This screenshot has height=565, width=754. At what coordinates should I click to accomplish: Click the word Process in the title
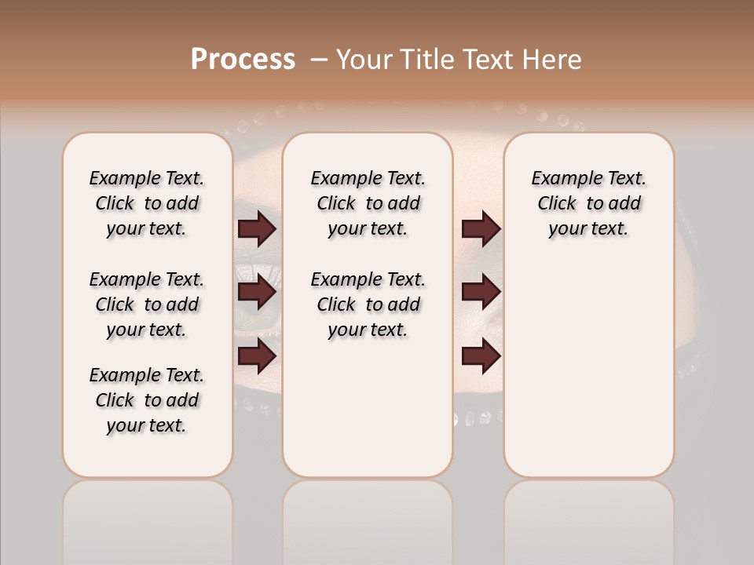[x=243, y=60]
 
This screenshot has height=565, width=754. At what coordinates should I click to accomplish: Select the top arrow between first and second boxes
[x=257, y=229]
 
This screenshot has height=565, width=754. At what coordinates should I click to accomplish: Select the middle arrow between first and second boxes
[x=257, y=293]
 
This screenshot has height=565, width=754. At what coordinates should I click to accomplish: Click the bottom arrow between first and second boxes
[x=257, y=356]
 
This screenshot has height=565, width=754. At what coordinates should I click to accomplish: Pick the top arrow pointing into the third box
[x=481, y=229]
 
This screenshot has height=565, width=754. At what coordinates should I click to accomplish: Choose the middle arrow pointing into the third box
[x=481, y=293]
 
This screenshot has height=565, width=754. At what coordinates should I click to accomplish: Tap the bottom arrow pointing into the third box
[x=481, y=356]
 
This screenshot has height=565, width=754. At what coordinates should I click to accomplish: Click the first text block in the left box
[x=146, y=203]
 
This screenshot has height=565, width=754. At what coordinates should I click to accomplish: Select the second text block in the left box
[x=146, y=304]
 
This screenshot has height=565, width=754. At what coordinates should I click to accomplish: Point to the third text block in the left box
[x=146, y=400]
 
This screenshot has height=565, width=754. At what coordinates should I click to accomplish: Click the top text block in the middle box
[x=368, y=203]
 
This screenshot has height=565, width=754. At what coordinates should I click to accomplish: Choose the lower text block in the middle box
[x=368, y=304]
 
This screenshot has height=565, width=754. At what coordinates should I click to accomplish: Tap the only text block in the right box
[x=588, y=203]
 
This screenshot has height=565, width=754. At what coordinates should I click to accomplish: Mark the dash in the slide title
[x=319, y=60]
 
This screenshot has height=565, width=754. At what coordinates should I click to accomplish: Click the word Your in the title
[x=364, y=60]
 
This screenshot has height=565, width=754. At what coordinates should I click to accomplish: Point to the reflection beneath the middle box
[x=368, y=518]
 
